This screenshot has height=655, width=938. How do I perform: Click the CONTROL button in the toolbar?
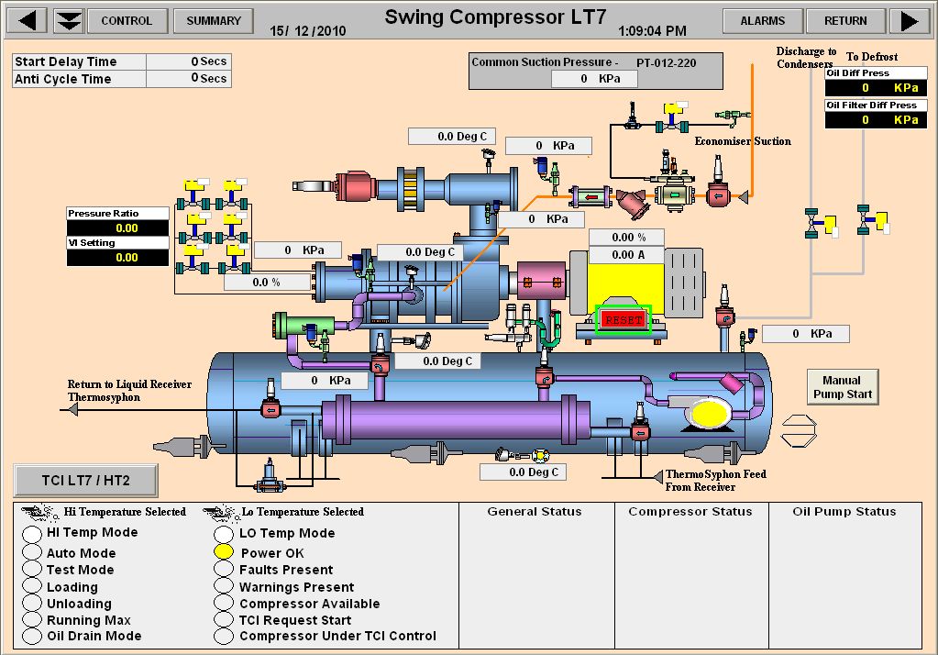127,20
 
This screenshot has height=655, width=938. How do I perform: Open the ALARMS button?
762,20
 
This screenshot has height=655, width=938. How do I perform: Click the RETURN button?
844,20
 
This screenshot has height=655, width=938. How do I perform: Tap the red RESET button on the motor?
623,320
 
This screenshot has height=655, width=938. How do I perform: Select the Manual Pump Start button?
841,387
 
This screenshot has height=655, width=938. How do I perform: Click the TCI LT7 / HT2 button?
85,480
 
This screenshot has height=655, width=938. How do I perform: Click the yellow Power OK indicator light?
224,552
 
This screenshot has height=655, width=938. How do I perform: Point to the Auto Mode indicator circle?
32,553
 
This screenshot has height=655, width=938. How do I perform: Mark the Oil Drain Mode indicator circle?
32,636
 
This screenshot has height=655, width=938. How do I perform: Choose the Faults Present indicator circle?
224,570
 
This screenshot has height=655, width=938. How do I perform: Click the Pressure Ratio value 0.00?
118,228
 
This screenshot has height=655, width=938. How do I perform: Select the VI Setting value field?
118,258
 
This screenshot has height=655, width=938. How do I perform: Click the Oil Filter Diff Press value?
870,120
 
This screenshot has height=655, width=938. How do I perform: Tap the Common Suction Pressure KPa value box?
593,79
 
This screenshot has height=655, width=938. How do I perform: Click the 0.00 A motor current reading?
623,254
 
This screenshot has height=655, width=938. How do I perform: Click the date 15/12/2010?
307,30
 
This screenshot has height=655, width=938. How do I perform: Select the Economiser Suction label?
742,141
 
